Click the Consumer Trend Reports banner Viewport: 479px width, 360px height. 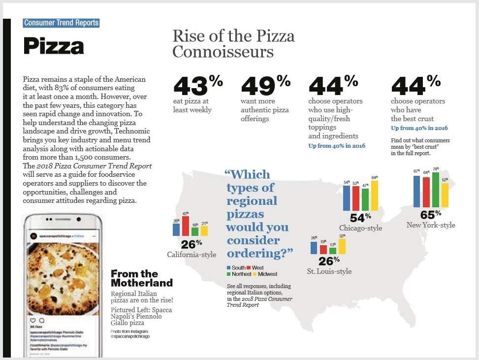click(x=61, y=23)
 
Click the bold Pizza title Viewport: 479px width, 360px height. click(x=54, y=46)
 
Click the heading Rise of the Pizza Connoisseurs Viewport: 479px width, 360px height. click(x=233, y=44)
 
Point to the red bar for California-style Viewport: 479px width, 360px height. click(x=186, y=226)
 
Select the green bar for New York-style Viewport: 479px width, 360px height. click(x=435, y=189)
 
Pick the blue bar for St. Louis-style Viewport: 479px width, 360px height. click(x=314, y=247)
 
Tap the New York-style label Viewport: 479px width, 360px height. click(x=430, y=225)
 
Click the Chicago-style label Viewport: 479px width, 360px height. click(x=360, y=228)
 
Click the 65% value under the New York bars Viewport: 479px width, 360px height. click(x=430, y=215)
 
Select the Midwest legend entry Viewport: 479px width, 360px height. click(x=266, y=274)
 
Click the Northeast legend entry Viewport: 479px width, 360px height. click(x=238, y=274)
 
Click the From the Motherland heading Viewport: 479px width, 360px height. click(x=141, y=278)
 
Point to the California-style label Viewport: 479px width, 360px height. click(x=192, y=255)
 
